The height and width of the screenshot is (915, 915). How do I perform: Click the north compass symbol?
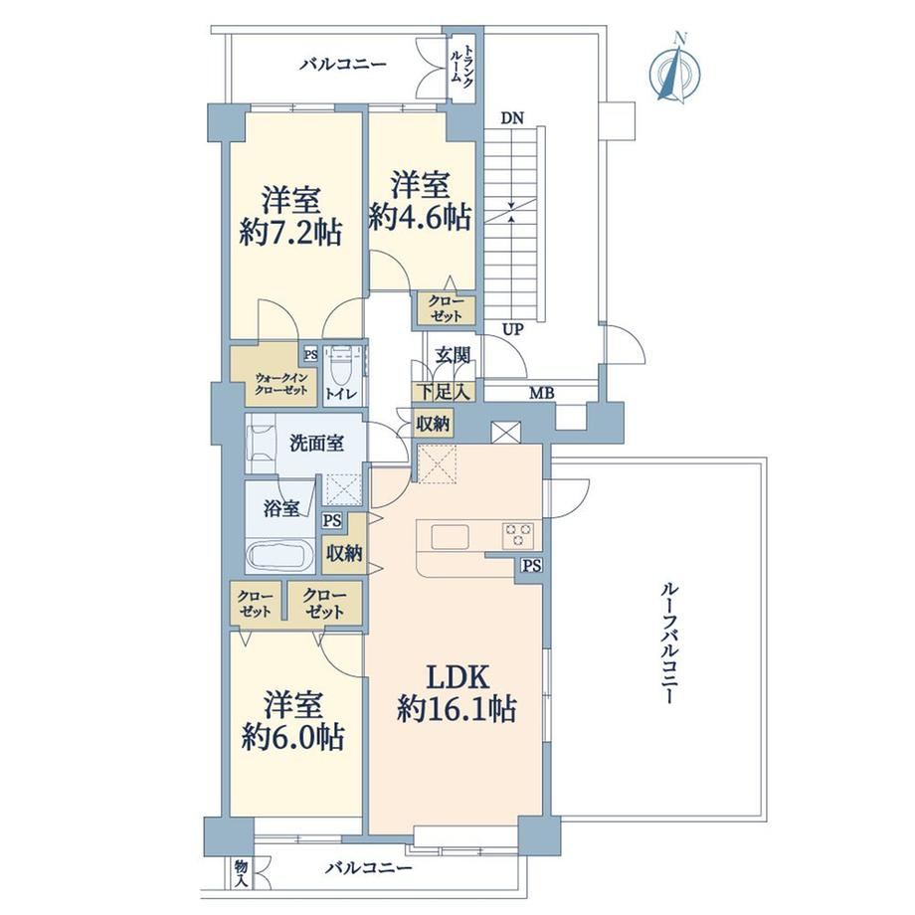[x=675, y=69]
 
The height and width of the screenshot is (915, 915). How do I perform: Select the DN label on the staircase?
[x=512, y=118]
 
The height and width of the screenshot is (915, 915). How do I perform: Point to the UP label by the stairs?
[x=513, y=330]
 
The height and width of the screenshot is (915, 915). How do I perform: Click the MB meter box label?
[x=541, y=394]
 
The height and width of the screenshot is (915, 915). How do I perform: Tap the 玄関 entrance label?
[x=453, y=355]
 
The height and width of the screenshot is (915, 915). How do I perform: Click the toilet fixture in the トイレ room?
[x=339, y=365]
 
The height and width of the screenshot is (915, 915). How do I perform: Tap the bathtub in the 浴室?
[x=278, y=556]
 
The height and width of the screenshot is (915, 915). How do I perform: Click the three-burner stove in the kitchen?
[x=517, y=534]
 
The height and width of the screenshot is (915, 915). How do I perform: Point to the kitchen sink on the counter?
[x=450, y=536]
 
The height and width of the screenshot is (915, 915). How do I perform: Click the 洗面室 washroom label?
[x=317, y=444]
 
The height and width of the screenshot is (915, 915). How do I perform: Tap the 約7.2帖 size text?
[x=290, y=234]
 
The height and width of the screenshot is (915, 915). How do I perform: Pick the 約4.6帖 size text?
[x=419, y=218]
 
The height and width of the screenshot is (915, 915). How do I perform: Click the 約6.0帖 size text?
[x=293, y=737]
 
